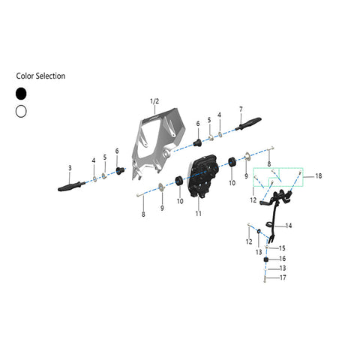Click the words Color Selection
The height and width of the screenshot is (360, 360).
point(40,76)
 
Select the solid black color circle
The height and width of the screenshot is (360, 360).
point(21,94)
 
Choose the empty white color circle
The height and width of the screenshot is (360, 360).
point(21,111)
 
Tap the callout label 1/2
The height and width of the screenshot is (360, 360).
point(154,101)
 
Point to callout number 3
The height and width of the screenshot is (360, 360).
point(70,168)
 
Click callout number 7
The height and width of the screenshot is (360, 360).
point(241,109)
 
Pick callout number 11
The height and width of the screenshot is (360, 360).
point(198,214)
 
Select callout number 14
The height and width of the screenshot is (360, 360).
point(289,226)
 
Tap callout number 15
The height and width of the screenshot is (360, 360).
point(282,248)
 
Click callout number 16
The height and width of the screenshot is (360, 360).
point(282,259)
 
